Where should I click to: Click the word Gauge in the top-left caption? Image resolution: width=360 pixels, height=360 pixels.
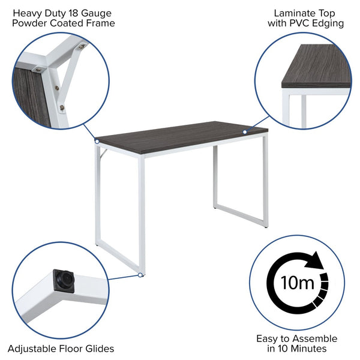[97, 13]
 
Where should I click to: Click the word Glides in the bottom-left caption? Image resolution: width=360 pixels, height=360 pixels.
[99, 348]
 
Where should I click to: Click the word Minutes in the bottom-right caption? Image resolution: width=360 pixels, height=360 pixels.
[307, 349]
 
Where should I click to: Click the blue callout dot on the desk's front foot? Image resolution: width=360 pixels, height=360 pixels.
[140, 275]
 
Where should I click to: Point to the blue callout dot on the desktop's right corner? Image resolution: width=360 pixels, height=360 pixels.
[245, 131]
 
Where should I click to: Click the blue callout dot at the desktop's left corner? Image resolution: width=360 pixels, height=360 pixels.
[96, 142]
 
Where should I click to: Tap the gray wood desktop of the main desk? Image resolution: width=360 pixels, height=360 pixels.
[180, 135]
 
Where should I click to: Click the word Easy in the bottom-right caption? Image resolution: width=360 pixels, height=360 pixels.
[268, 338]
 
